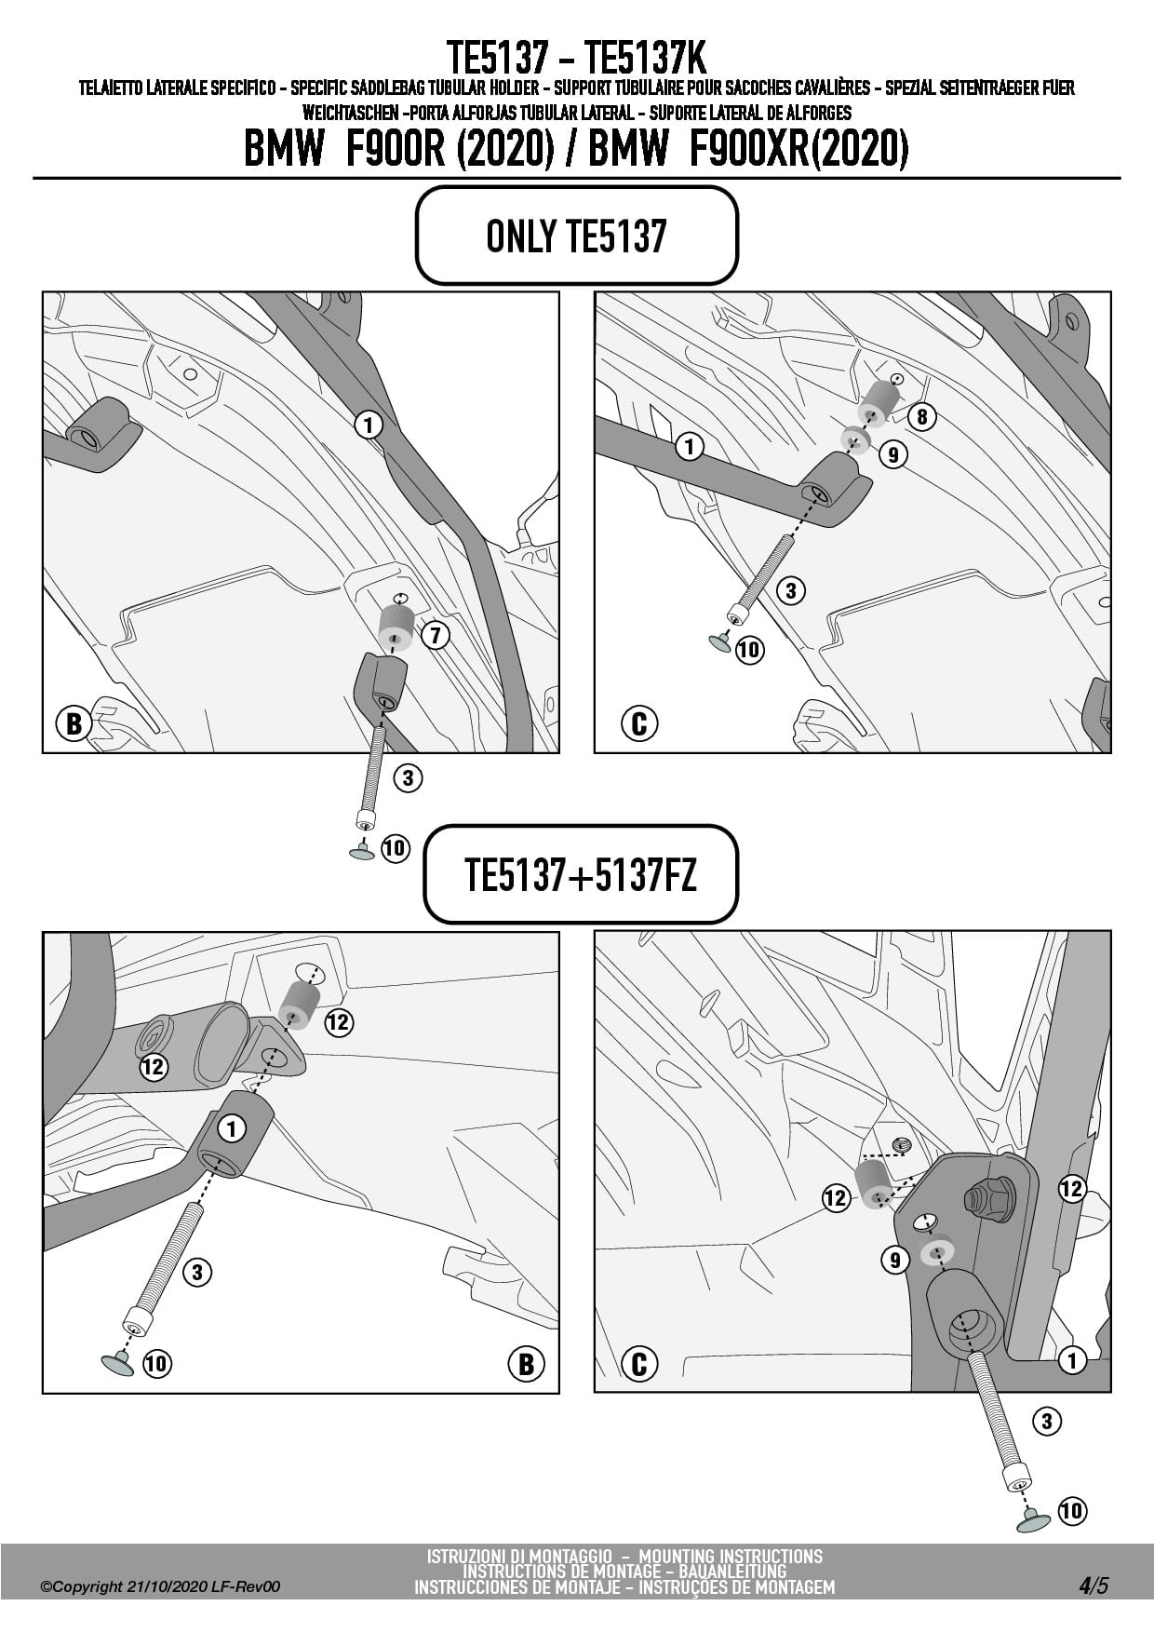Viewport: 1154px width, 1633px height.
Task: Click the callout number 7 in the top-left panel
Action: pyautogui.click(x=435, y=636)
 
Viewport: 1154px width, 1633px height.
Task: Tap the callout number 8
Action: pyautogui.click(x=921, y=416)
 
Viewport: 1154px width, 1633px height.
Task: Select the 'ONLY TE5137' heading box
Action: pyautogui.click(x=577, y=236)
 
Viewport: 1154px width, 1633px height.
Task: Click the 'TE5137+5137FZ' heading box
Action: pyautogui.click(x=581, y=874)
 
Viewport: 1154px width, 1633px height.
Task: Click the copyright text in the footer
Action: pyautogui.click(x=160, y=1586)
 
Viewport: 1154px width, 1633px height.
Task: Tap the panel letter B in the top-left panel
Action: pyautogui.click(x=74, y=723)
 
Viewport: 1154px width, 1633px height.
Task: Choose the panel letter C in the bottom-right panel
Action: pyautogui.click(x=639, y=1364)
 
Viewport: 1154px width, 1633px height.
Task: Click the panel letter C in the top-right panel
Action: pyautogui.click(x=639, y=723)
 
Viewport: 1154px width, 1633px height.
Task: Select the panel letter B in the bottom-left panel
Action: pyautogui.click(x=526, y=1364)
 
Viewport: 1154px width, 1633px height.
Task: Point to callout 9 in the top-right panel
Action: pyautogui.click(x=892, y=454)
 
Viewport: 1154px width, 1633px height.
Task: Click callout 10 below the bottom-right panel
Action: pyautogui.click(x=1072, y=1510)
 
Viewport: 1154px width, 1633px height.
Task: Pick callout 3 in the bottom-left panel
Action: pyautogui.click(x=197, y=1272)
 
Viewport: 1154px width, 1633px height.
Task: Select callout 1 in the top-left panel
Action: pyautogui.click(x=369, y=425)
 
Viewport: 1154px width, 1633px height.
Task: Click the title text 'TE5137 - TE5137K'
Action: pyautogui.click(x=577, y=58)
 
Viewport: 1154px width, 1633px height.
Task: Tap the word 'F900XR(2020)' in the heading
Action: pyautogui.click(x=798, y=149)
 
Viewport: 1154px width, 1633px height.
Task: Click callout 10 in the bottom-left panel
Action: pyautogui.click(x=156, y=1364)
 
